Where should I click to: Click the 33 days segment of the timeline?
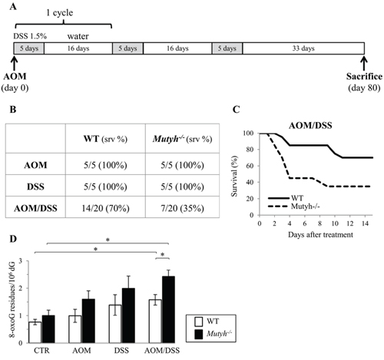303,48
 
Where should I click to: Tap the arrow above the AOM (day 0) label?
14,64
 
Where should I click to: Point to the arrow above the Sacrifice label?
364,64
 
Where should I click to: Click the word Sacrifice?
364,76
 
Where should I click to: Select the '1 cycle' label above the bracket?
59,13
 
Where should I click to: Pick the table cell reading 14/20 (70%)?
105,208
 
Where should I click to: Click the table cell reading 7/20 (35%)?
182,208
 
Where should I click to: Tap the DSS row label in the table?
35,187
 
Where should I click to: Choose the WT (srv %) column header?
105,139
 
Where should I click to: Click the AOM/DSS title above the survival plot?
310,126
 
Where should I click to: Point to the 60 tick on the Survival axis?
250,166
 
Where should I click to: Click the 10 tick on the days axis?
335,223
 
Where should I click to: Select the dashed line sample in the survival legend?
279,206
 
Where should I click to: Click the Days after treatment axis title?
320,234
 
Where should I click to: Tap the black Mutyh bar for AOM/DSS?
168,309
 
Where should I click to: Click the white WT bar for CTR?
35,332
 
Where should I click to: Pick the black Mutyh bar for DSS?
128,315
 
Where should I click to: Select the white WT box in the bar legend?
199,322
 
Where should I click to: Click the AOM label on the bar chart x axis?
81,350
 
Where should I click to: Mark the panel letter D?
13,239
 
